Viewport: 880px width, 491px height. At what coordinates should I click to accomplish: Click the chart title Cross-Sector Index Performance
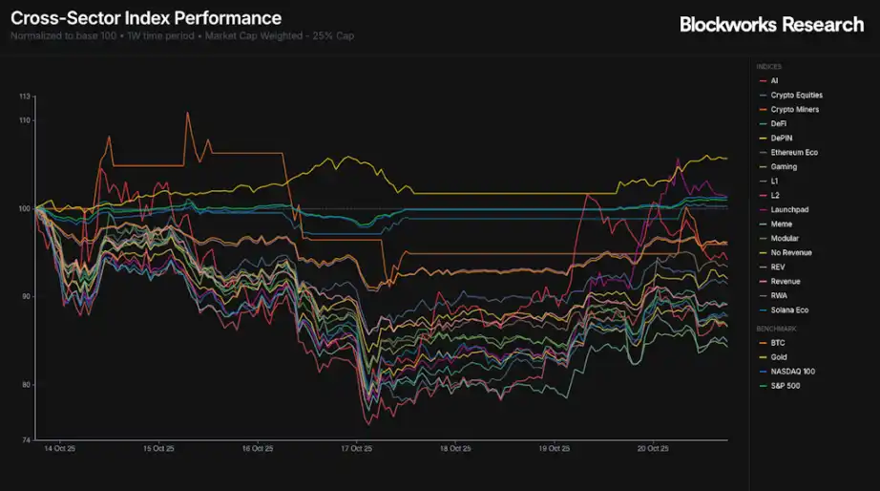coord(146,18)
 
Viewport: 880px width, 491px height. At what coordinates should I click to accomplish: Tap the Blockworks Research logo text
coord(771,25)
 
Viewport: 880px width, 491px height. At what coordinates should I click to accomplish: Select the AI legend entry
coord(775,81)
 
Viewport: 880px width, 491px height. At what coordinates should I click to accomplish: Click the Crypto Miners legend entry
coord(794,110)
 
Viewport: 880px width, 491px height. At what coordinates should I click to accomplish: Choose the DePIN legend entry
coord(783,139)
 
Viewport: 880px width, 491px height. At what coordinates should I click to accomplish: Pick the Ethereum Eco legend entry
coord(794,153)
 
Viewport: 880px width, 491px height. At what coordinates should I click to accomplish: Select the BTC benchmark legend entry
coord(777,342)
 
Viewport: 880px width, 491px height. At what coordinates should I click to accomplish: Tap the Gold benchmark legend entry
coord(778,356)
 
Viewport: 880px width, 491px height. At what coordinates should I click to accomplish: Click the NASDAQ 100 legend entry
coord(791,371)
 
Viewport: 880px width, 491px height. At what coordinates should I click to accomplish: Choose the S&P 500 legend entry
coord(786,385)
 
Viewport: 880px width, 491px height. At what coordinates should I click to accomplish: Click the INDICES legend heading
coord(769,67)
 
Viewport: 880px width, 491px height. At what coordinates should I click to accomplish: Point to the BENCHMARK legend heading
coord(776,328)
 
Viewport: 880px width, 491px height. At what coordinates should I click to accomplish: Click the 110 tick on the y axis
coord(25,120)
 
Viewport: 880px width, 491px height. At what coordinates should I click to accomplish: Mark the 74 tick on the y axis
coord(27,440)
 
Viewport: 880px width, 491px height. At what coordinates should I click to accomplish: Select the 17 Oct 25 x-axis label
coord(355,448)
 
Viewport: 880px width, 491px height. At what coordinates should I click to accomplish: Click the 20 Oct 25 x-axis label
coord(653,448)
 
